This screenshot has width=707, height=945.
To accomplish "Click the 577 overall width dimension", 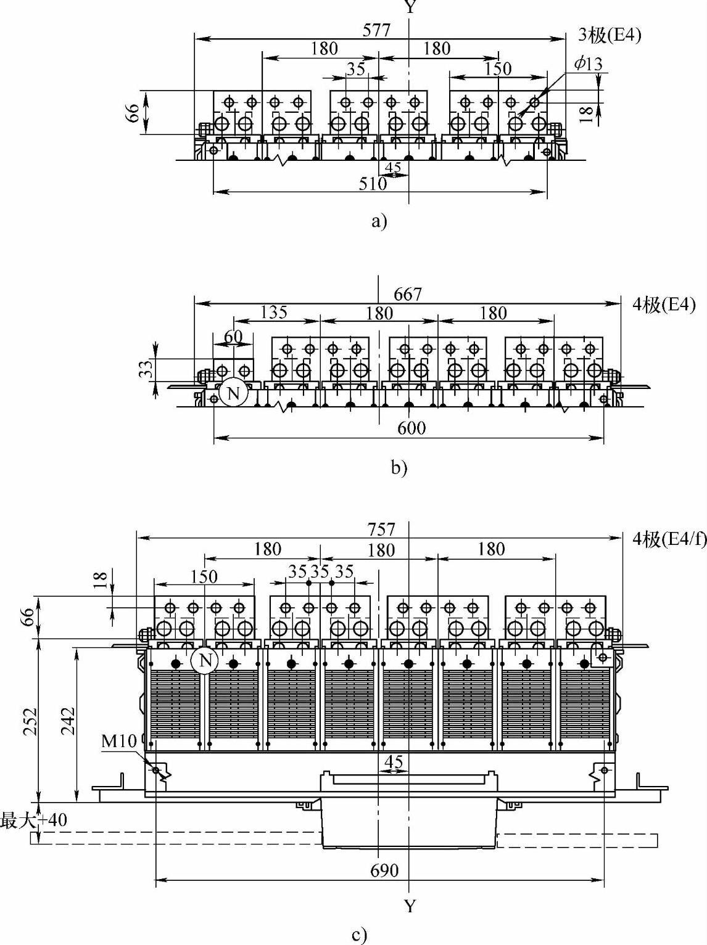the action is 376,30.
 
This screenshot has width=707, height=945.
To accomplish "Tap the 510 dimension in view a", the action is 373,183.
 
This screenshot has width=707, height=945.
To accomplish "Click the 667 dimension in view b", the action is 408,295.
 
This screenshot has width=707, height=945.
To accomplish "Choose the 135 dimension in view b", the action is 273,313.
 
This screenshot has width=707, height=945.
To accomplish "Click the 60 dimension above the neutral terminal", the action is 233,337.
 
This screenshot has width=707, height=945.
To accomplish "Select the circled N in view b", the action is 233,393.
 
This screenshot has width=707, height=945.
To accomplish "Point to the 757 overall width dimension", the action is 381,529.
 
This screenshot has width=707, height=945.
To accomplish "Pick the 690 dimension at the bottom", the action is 384,870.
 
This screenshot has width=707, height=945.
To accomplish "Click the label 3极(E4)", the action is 610,36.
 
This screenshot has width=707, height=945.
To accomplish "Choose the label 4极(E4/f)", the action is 669,539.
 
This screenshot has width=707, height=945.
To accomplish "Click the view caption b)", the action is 399,468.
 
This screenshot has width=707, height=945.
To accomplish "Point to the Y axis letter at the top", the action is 409,7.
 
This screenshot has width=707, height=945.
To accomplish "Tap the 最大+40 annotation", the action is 33,820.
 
